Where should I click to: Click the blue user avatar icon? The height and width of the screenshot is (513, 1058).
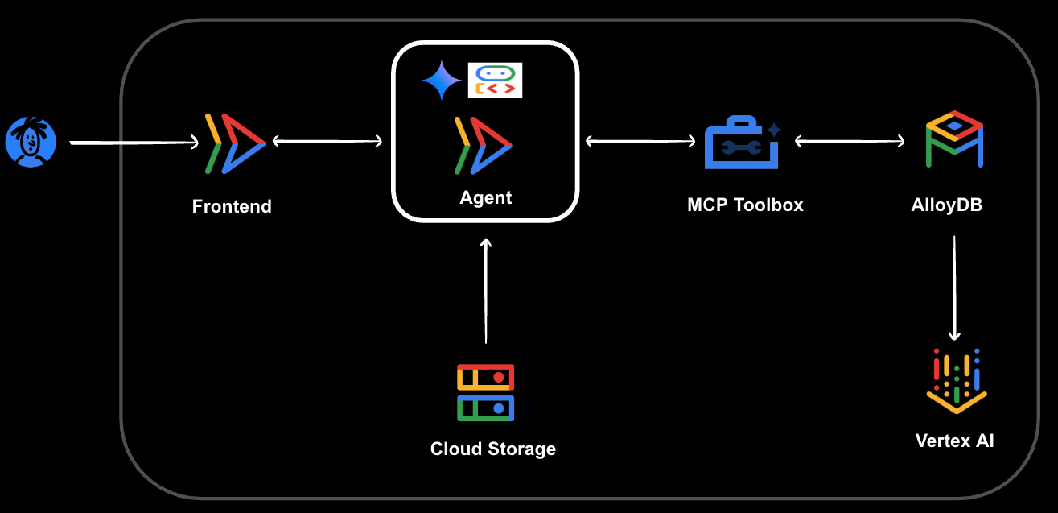tap(31, 142)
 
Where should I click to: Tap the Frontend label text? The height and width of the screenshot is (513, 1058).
tap(232, 206)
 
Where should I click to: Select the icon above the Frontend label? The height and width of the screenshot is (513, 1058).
tap(234, 143)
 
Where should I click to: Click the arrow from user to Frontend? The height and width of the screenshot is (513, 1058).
tap(134, 143)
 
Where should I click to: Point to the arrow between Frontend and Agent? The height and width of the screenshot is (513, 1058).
tap(327, 142)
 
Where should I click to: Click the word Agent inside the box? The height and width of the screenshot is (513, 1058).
tap(485, 197)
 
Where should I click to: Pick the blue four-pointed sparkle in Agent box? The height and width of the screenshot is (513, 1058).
tap(441, 80)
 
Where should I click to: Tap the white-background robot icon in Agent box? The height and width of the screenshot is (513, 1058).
tap(495, 81)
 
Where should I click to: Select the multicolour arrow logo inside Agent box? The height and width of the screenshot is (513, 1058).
tap(483, 145)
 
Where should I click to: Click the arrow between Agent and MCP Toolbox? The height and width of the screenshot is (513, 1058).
tap(640, 142)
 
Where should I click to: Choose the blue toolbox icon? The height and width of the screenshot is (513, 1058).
tap(741, 143)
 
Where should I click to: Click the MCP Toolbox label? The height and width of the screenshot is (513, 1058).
tap(745, 205)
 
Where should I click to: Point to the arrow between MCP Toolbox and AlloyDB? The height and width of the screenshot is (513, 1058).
tap(850, 142)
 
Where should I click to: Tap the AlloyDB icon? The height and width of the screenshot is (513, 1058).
tap(954, 139)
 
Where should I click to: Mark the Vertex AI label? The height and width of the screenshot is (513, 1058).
tap(954, 441)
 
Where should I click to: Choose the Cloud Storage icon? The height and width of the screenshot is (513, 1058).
tap(485, 392)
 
